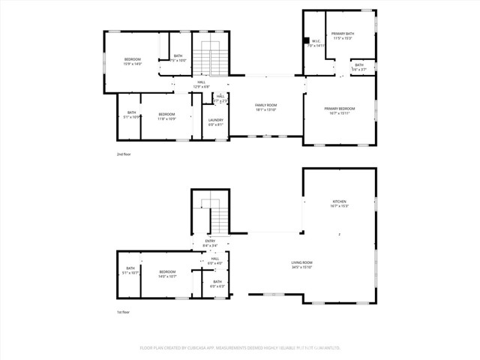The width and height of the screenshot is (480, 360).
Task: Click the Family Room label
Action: tap(266, 106)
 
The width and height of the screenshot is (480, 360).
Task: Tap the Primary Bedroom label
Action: tap(339, 109)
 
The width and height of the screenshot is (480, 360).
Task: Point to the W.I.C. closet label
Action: tap(316, 42)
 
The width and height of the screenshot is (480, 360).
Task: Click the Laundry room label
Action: tap(216, 120)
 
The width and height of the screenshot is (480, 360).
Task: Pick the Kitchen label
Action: tap(340, 202)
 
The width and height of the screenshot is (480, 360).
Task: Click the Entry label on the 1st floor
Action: tap(210, 241)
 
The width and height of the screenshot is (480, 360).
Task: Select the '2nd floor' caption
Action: tap(124, 154)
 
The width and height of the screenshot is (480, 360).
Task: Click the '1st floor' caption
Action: tap(124, 312)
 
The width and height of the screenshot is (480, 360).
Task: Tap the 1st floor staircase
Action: tap(217, 219)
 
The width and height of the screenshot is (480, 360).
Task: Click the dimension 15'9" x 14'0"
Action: tap(132, 63)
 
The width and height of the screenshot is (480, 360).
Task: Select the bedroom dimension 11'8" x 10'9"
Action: tap(166, 118)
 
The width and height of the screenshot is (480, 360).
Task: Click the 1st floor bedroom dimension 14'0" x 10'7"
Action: tap(166, 276)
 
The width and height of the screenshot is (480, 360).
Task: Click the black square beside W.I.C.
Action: tap(306, 41)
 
